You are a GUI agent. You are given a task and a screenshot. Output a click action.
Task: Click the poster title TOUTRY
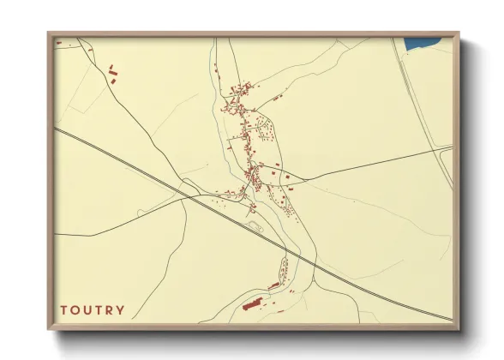click(x=92, y=309)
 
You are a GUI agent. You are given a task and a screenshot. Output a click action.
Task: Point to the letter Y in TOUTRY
click(x=120, y=309)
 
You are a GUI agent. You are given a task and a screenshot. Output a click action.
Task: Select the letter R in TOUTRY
click(x=109, y=309)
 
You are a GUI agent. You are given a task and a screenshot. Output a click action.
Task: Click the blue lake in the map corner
click(x=421, y=44)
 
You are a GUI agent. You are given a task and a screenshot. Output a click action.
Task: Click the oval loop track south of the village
click(x=255, y=226)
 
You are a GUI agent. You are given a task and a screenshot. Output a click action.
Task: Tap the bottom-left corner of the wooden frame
click(x=49, y=329)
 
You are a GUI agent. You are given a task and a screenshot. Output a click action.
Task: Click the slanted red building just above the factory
click(x=274, y=285)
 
